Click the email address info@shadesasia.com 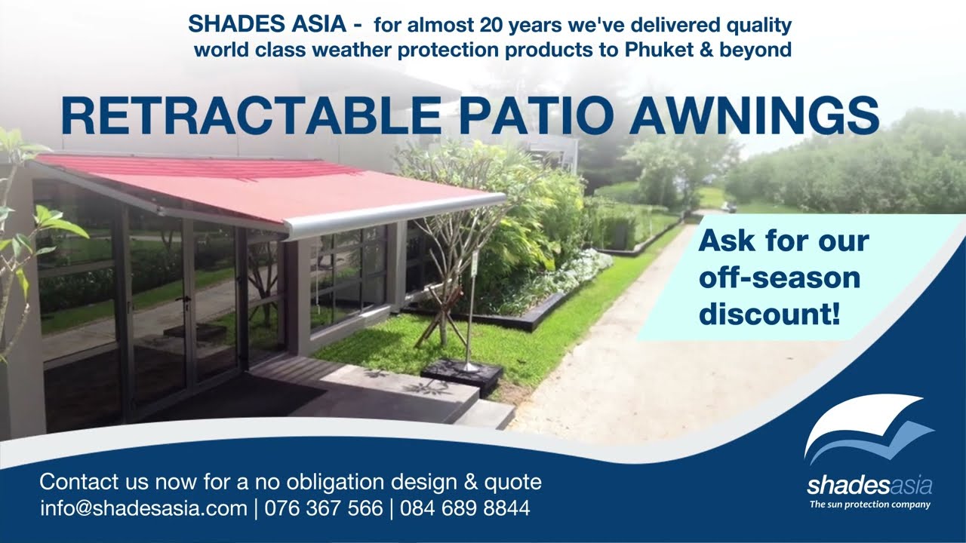(x=143, y=508)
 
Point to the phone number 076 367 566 (x=323, y=508)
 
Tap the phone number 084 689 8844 (x=465, y=508)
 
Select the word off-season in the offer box (x=779, y=278)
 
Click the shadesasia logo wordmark (x=869, y=485)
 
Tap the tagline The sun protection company (x=869, y=505)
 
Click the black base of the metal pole (x=462, y=374)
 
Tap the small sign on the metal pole (x=475, y=262)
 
